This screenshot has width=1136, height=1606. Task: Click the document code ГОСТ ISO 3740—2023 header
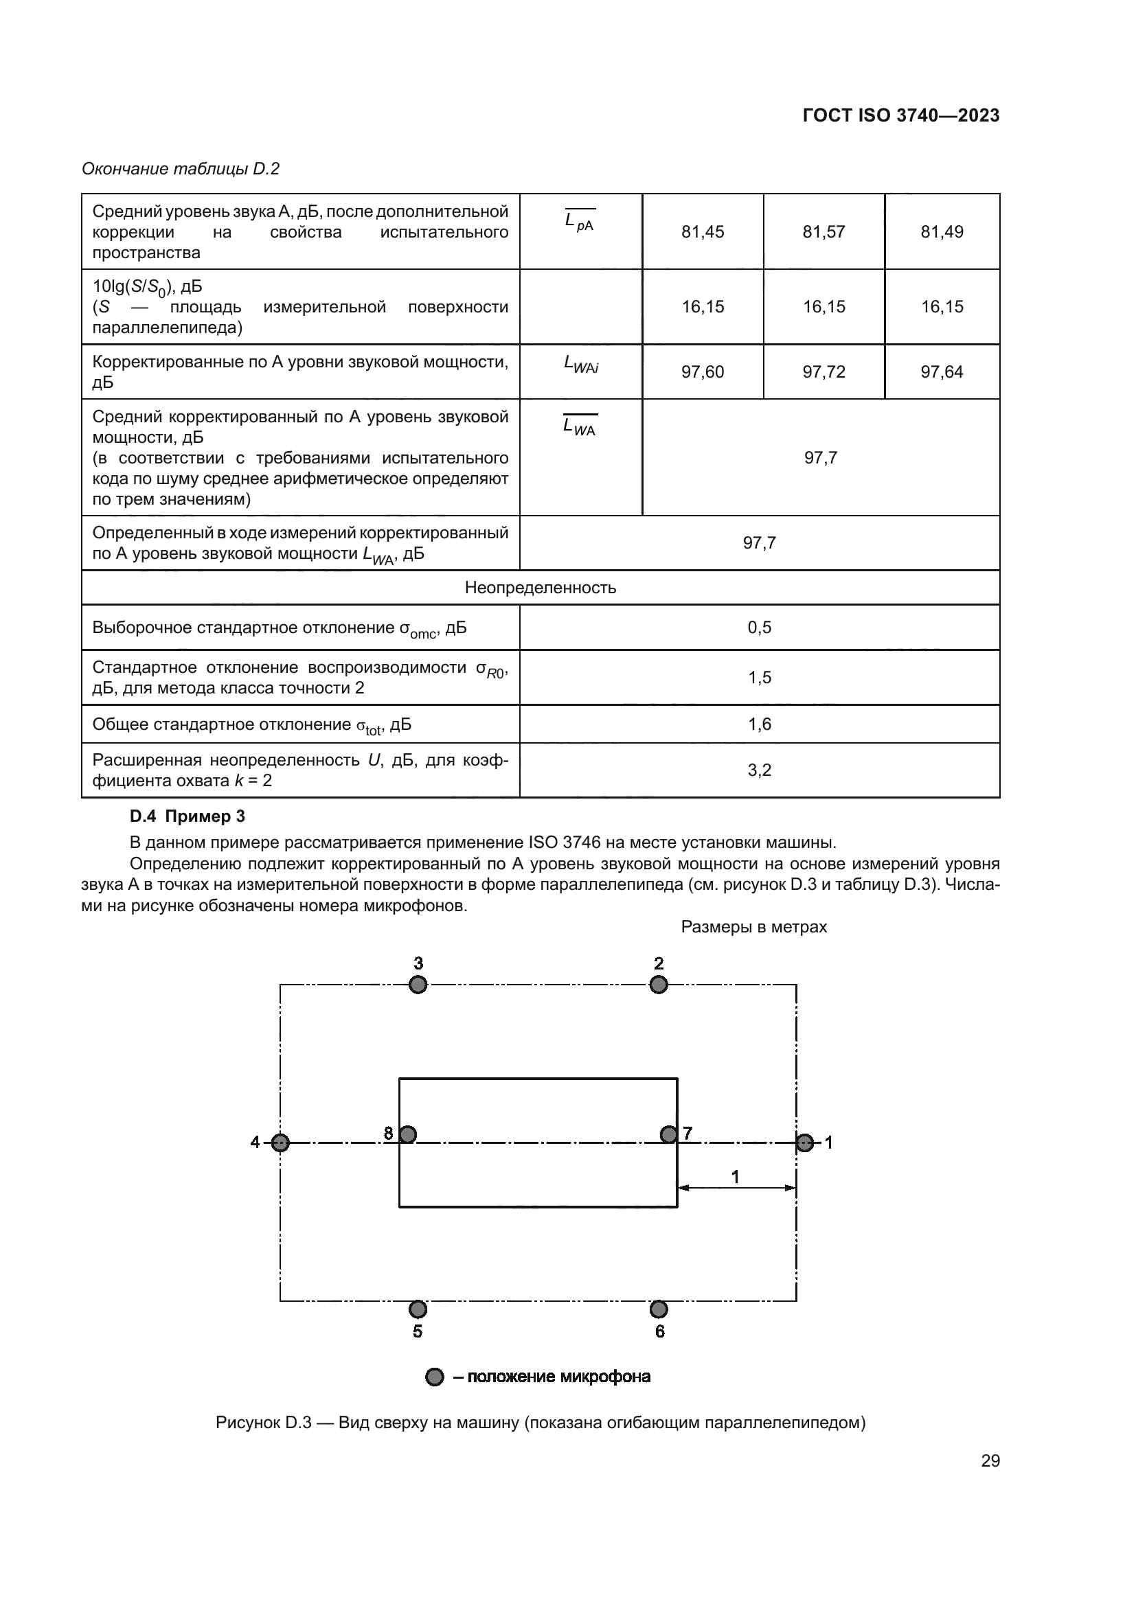click(x=900, y=115)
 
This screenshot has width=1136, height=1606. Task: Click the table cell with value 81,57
click(x=823, y=231)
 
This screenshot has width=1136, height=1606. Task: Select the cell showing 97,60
click(x=703, y=371)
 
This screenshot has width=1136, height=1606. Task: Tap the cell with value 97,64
click(x=942, y=371)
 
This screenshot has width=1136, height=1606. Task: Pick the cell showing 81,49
click(x=942, y=231)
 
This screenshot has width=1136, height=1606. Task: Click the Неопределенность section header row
click(x=540, y=588)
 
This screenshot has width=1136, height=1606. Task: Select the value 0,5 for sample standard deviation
click(x=759, y=628)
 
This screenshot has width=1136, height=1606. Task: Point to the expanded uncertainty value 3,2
click(x=759, y=770)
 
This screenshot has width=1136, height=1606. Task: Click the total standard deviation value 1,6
click(x=759, y=724)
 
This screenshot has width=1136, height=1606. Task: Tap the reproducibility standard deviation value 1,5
click(x=759, y=677)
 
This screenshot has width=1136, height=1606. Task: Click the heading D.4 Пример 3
click(x=188, y=816)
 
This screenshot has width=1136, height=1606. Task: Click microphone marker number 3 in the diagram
click(x=418, y=985)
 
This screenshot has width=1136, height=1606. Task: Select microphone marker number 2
click(x=658, y=985)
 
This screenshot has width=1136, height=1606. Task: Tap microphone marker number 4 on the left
click(x=280, y=1143)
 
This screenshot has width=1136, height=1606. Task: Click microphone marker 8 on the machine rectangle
click(x=408, y=1134)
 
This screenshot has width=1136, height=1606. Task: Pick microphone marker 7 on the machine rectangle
click(x=669, y=1134)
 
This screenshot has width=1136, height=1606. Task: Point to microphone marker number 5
click(x=418, y=1309)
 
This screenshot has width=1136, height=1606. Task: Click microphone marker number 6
click(x=658, y=1309)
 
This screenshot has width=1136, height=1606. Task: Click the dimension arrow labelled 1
click(x=736, y=1187)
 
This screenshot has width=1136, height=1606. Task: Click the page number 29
click(x=990, y=1460)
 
